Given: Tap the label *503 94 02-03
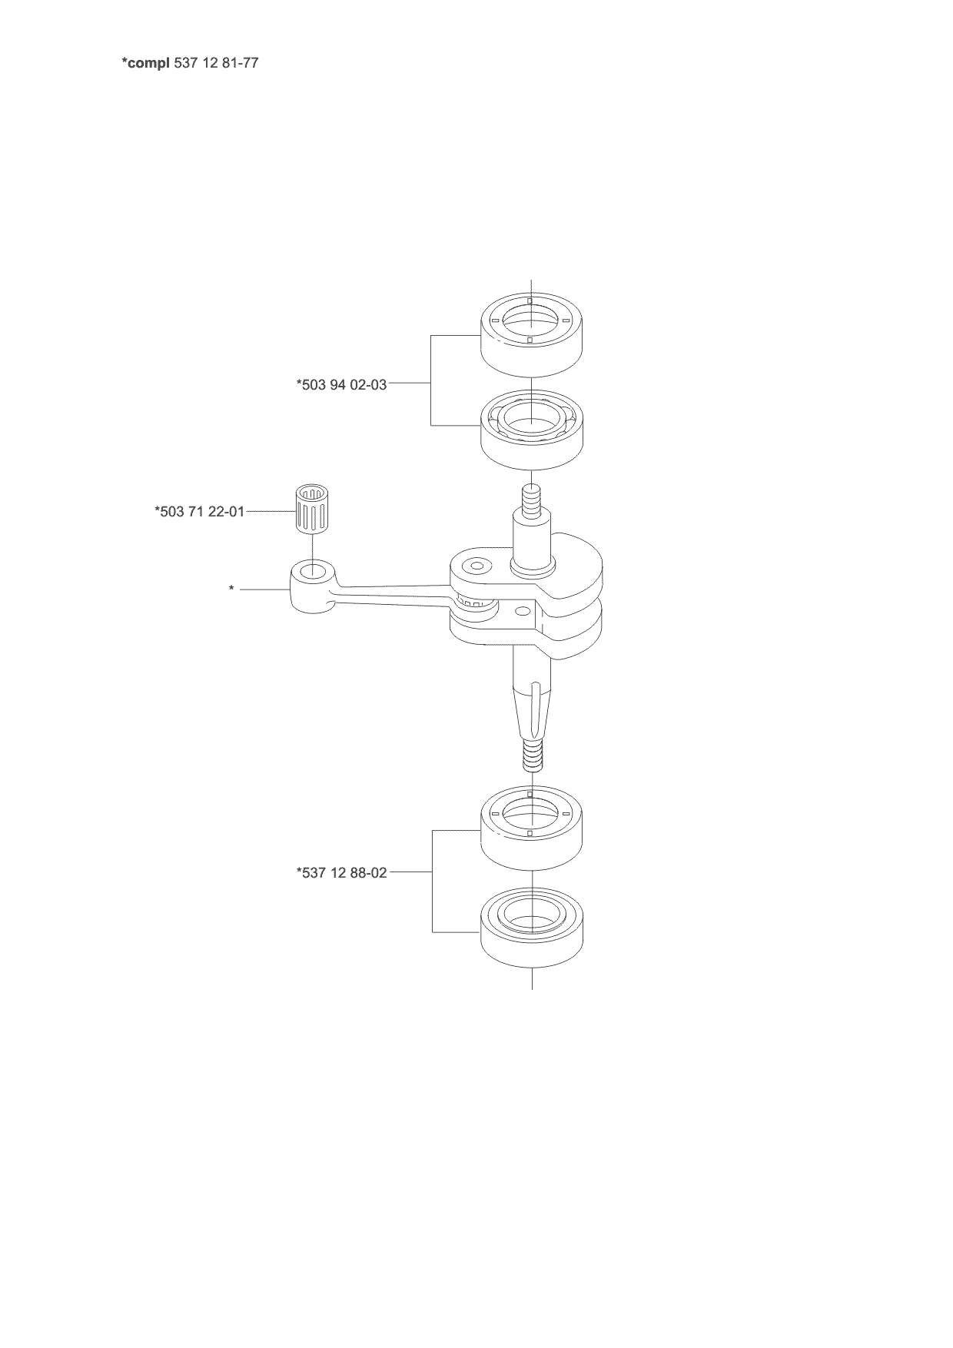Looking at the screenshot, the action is coord(342,383).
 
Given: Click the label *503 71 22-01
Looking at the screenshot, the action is coord(200,511).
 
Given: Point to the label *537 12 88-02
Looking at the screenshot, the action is coord(342,872).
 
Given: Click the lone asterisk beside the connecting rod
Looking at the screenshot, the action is coord(231,589).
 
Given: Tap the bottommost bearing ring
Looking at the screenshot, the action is coord(531,932).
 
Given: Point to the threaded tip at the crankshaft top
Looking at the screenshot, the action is coord(531,500).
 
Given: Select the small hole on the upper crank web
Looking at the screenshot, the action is coord(477,566).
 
